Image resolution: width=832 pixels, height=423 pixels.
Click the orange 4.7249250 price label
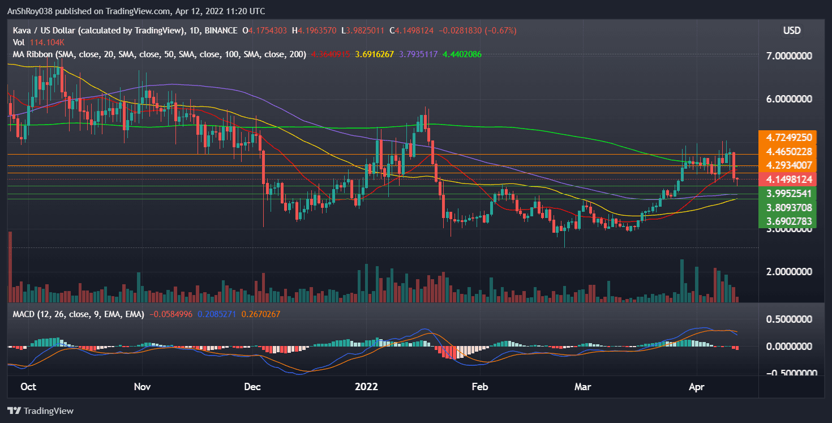788,138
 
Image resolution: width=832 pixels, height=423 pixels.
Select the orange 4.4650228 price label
788,152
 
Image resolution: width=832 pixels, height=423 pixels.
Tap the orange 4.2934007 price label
788,165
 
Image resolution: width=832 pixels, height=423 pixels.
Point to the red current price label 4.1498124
788,180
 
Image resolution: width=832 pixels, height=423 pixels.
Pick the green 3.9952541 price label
788,194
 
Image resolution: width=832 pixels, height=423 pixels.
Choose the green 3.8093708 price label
788,207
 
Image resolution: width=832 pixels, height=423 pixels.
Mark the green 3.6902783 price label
788,221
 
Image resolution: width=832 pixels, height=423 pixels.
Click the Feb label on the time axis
480,387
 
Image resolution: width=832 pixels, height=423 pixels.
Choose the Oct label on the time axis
28,387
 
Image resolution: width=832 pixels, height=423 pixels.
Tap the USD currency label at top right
792,31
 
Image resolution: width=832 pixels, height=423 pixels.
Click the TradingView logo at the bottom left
41,411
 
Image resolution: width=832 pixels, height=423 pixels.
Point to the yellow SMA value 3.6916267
374,54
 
